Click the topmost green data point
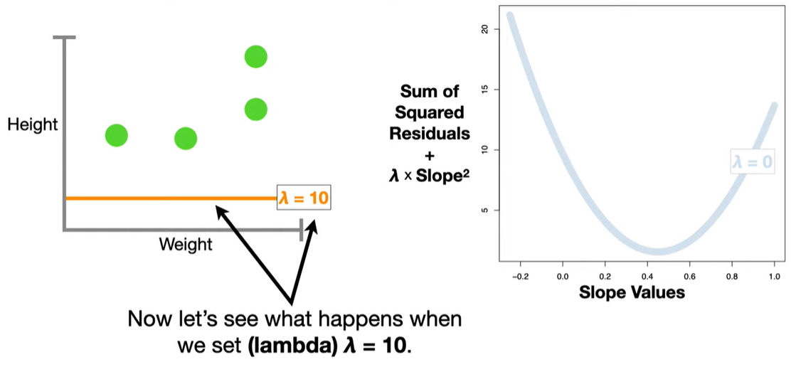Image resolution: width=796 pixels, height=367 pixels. pyautogui.click(x=255, y=56)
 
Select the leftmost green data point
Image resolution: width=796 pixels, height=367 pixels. pyautogui.click(x=117, y=135)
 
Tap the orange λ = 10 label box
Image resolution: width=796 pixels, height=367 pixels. pyautogui.click(x=304, y=198)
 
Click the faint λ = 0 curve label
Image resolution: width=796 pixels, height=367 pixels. pyautogui.click(x=752, y=161)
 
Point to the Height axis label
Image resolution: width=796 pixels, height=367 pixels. pyautogui.click(x=32, y=125)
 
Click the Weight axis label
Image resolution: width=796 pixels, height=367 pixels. pyautogui.click(x=186, y=245)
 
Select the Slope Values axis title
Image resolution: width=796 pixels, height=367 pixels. pyautogui.click(x=632, y=292)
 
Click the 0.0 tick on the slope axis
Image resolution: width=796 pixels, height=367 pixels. pyautogui.click(x=562, y=275)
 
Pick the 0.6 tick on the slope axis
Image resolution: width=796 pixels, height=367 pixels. pyautogui.click(x=689, y=275)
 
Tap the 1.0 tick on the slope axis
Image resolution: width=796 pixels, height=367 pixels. pyautogui.click(x=774, y=275)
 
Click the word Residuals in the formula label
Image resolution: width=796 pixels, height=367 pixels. pyautogui.click(x=434, y=133)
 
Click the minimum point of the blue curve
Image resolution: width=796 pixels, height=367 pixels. pyautogui.click(x=660, y=251)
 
